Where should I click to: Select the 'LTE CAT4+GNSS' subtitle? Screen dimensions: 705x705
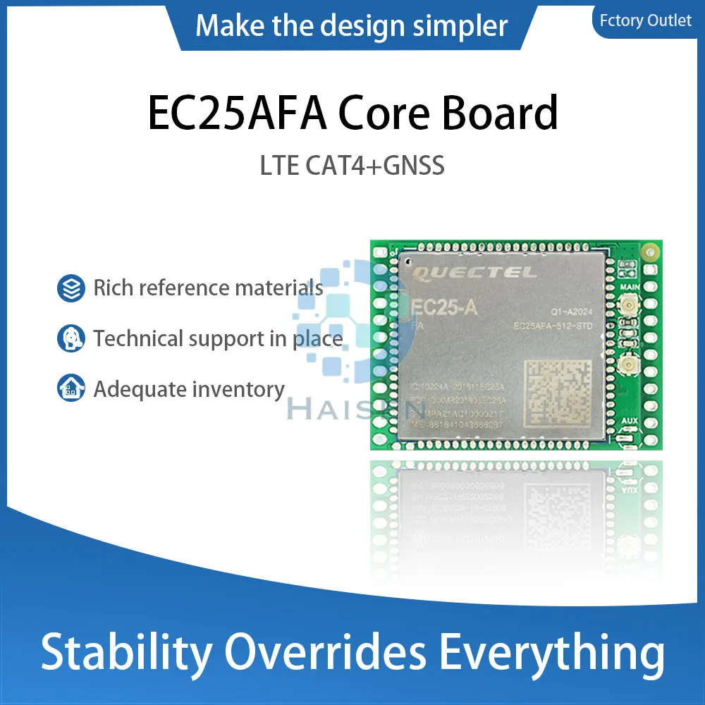(352, 166)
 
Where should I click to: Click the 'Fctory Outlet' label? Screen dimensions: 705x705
(645, 20)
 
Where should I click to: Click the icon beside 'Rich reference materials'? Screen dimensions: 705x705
(71, 288)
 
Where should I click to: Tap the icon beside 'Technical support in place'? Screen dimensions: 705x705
(71, 339)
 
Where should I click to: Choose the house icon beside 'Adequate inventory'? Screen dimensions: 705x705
(71, 389)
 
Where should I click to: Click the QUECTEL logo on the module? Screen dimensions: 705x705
(473, 272)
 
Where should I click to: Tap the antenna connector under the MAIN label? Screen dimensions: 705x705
(626, 308)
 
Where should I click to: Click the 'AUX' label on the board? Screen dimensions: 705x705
(630, 421)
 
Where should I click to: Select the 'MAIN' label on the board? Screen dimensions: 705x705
(629, 288)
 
